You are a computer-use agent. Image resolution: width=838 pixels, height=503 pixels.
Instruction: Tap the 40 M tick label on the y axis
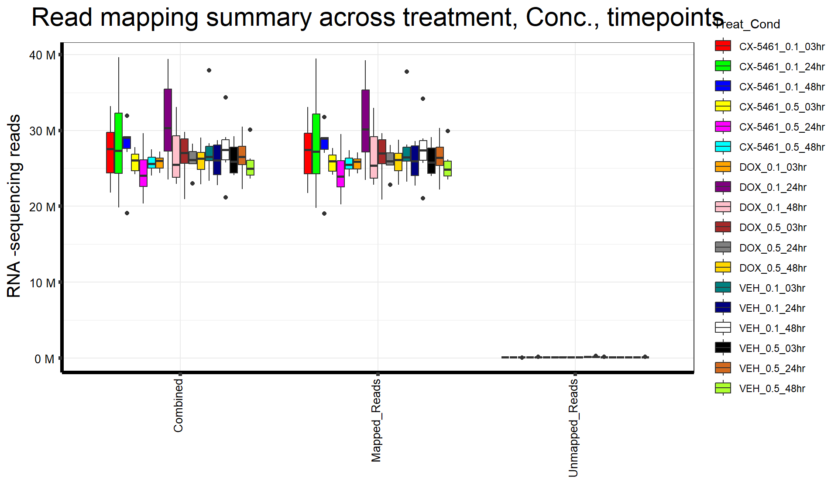42,55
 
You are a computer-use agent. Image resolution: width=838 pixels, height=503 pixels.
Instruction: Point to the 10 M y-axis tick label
42,283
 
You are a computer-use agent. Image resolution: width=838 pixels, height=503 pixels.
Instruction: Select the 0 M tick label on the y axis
45,359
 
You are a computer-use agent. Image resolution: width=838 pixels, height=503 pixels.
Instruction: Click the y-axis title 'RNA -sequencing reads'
14,206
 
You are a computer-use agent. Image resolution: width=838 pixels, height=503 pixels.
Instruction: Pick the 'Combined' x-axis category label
178,405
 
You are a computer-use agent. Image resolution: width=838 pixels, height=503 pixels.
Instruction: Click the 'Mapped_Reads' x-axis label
376,420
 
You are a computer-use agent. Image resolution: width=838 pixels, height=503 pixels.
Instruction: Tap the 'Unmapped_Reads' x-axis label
573,428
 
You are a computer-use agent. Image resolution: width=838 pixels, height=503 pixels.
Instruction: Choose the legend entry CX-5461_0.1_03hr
782,47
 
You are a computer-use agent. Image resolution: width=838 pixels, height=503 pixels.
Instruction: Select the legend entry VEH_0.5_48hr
772,389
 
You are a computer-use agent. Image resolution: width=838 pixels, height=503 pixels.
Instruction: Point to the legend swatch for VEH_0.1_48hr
723,328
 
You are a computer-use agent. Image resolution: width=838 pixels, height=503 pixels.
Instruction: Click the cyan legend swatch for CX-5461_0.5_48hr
723,147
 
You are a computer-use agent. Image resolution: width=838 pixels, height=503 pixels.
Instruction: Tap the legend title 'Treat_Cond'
747,24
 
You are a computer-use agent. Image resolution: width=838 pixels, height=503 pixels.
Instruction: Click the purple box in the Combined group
168,120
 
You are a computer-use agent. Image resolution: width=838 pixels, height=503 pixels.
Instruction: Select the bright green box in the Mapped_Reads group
316,144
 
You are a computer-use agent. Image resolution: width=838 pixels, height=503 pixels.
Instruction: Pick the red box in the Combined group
110,152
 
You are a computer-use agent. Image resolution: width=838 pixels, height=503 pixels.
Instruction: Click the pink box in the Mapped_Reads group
374,157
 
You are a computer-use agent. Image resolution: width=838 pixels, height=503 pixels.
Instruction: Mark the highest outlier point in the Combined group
209,70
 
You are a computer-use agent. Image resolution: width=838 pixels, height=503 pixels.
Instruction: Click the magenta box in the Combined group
143,173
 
